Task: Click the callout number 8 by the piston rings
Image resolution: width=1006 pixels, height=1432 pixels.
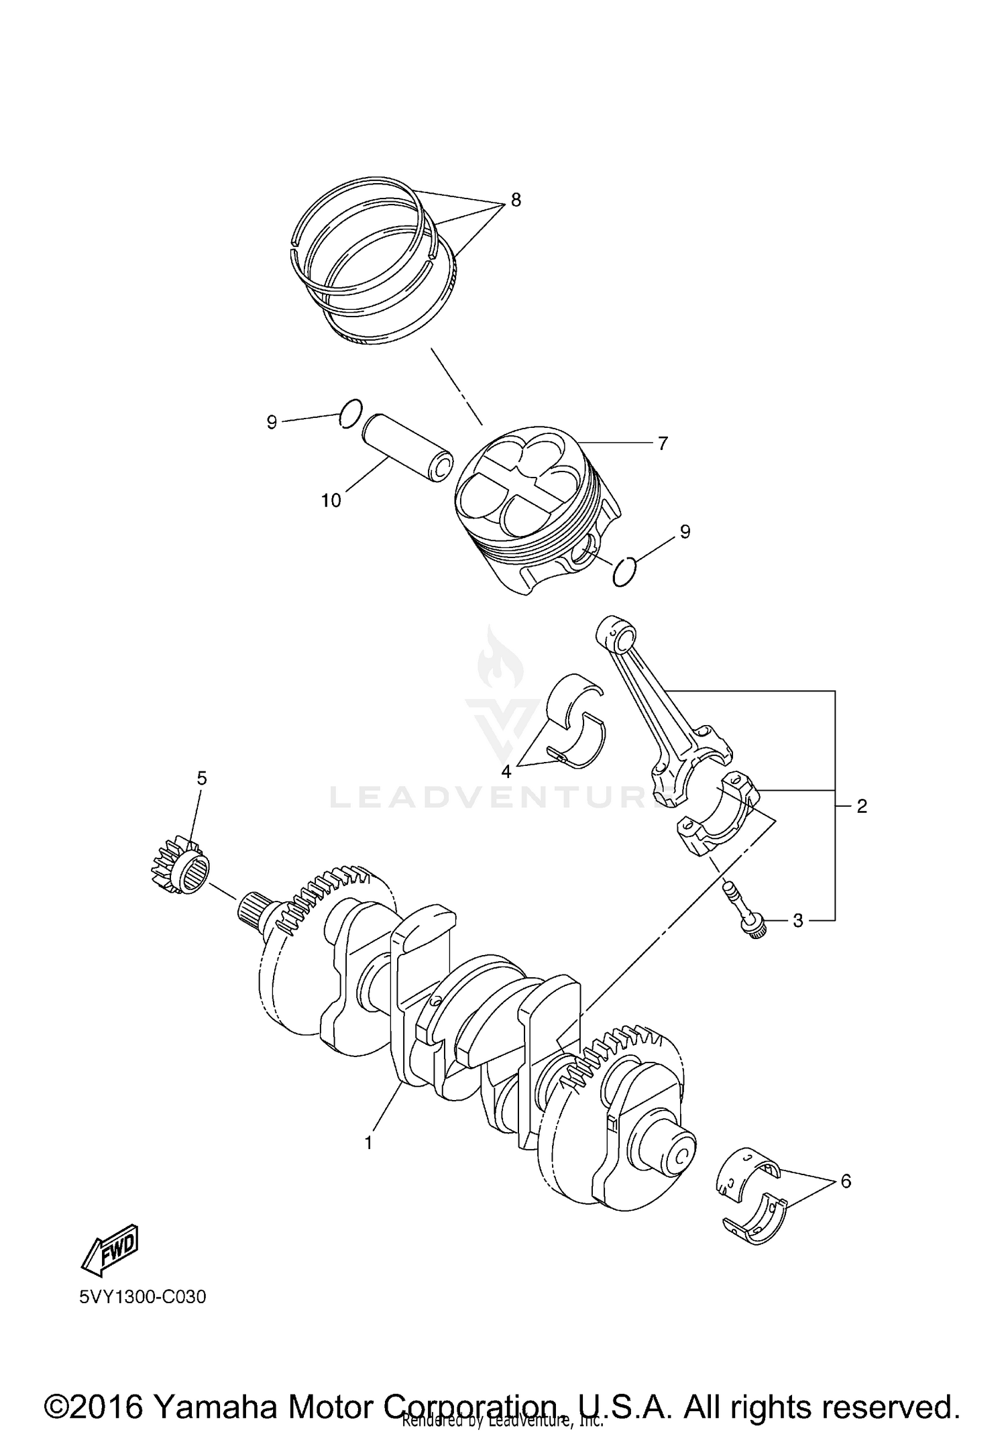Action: point(515,201)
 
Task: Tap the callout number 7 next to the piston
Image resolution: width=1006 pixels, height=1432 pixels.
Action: point(662,443)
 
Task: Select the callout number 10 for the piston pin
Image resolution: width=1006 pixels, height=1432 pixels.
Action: point(331,500)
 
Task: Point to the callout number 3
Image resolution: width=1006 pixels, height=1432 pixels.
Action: point(797,921)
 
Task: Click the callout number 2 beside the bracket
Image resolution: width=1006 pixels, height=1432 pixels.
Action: point(862,806)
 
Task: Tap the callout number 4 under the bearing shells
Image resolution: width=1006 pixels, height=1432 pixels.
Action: point(506,771)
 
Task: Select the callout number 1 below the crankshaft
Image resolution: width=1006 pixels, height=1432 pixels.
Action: point(368,1143)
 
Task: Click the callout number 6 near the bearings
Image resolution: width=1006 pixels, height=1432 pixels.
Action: point(846,1181)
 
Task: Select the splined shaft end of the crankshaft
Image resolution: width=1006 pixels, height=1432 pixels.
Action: point(255,910)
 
